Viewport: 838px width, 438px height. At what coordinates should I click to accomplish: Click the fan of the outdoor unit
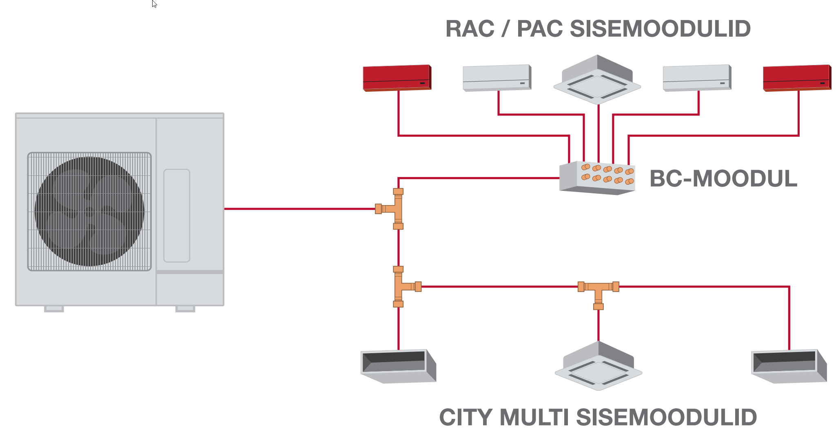89,211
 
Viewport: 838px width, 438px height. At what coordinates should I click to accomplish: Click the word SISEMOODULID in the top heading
660,29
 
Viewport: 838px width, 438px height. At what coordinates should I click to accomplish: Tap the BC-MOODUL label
723,179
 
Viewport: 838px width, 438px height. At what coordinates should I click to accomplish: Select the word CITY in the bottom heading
466,418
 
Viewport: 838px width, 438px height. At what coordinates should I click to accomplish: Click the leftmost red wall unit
397,77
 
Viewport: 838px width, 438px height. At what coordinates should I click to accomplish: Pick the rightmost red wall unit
797,77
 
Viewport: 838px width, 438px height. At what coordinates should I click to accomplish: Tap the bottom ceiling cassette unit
599,367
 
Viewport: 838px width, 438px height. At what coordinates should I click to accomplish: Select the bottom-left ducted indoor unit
398,365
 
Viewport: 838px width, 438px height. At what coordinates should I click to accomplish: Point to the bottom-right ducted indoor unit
789,365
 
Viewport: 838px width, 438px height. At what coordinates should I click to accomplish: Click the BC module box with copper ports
597,178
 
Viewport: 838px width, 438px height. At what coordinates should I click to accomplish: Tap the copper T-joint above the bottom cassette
599,291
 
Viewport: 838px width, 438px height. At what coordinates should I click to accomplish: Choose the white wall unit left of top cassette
497,77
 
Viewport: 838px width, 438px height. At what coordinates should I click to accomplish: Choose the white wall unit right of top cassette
697,77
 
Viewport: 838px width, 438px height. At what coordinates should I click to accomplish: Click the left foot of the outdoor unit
54,309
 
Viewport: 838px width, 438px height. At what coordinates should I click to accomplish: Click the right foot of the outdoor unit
185,309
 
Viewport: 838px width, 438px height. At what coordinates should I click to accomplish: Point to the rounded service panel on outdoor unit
177,215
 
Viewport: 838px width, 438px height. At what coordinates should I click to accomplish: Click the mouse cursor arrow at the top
154,4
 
